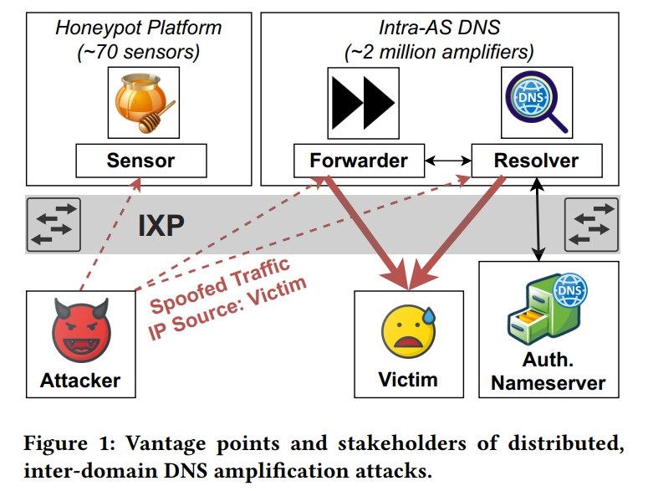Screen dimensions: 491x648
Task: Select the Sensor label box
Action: (140, 160)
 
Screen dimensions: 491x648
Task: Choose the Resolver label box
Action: (536, 160)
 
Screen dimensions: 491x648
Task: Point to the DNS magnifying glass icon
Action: (535, 102)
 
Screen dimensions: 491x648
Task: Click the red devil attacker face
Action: (80, 331)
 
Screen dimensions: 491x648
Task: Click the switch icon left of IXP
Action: (54, 224)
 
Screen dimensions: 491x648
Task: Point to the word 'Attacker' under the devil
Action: (80, 381)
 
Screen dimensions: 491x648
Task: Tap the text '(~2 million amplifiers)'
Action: (439, 52)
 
